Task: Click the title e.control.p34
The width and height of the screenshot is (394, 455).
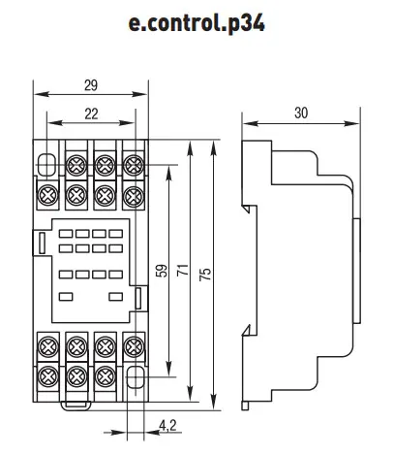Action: [x=197, y=23]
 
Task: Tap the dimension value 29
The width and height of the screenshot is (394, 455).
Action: [x=91, y=85]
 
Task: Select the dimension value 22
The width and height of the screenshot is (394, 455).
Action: [x=91, y=114]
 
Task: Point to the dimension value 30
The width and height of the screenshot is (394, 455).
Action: [x=301, y=113]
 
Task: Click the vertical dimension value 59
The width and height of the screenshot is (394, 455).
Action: [x=163, y=271]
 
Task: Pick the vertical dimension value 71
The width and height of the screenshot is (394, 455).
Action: [x=183, y=270]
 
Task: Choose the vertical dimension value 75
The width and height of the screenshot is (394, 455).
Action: [x=205, y=274]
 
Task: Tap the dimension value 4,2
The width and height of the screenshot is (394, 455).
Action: [x=167, y=426]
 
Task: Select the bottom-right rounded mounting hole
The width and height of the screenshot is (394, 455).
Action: [x=135, y=376]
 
